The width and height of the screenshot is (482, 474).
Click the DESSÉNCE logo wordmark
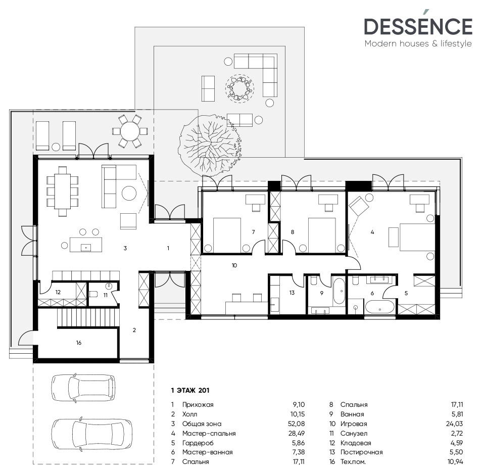418,27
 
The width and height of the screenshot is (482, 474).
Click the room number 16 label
78,343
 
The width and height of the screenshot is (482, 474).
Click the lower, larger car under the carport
91,433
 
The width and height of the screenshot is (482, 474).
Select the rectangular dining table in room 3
63,191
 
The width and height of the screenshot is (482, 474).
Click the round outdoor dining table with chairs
129,131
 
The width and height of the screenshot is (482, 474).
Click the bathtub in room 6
380,308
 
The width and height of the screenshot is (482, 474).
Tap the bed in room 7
227,234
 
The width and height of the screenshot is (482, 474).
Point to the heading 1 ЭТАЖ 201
190,390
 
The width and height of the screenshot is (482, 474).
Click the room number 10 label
234,264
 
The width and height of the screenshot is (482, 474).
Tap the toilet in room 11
94,294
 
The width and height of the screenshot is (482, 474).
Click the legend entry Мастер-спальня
209,433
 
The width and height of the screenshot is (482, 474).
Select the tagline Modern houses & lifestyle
418,44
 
